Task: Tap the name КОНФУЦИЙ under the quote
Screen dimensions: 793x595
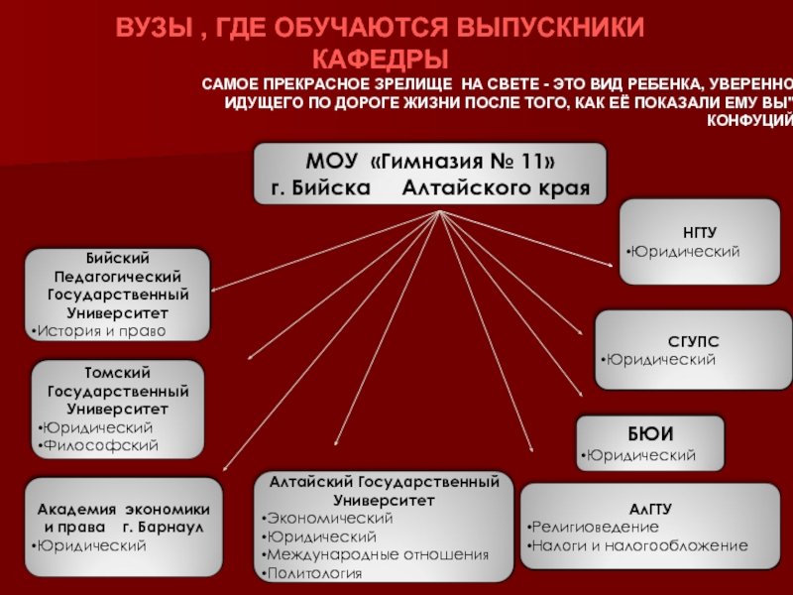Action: tap(750, 121)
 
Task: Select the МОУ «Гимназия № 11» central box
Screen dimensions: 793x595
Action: tap(429, 174)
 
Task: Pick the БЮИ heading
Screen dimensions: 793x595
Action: tap(651, 433)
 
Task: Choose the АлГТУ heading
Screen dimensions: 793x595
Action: tap(650, 508)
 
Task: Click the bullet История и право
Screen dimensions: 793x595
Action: tap(101, 330)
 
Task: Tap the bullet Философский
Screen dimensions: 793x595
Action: tap(101, 446)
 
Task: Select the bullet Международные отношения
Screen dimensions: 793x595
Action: tap(378, 554)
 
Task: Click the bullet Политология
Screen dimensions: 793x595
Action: tap(314, 573)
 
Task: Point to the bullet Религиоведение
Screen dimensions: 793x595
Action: tap(596, 526)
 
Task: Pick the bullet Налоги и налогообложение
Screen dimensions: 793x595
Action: tap(640, 545)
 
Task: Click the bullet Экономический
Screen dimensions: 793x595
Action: tap(329, 518)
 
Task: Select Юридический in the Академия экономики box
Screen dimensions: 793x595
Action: tap(91, 545)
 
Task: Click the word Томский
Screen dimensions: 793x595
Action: tap(119, 372)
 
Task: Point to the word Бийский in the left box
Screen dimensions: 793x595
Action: tap(118, 258)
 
